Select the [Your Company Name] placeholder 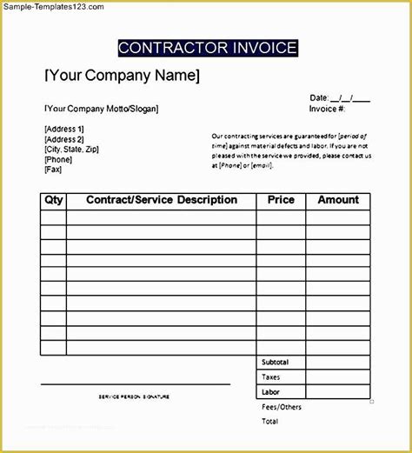click(x=122, y=76)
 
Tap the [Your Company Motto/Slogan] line click(x=101, y=110)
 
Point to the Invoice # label click(x=328, y=110)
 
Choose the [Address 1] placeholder click(x=63, y=130)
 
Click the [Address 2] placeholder click(x=63, y=139)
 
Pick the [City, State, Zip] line click(x=71, y=150)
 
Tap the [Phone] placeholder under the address click(x=58, y=160)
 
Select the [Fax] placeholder click(x=53, y=170)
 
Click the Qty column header click(x=53, y=200)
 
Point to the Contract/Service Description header click(x=162, y=200)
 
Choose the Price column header click(x=281, y=200)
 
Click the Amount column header click(x=338, y=200)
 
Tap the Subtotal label click(x=275, y=362)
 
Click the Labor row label click(x=270, y=392)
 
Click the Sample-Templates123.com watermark click(x=53, y=6)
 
